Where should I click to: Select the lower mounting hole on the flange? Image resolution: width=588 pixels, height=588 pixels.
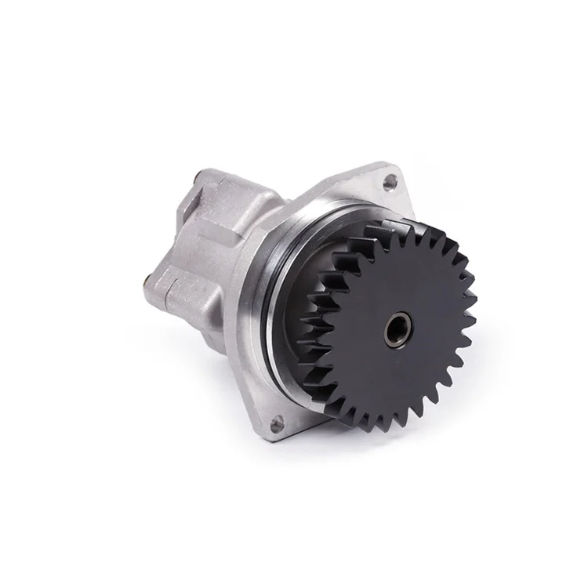(x=275, y=424)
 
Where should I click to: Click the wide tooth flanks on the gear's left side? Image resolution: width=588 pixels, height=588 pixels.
(x=321, y=329)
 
